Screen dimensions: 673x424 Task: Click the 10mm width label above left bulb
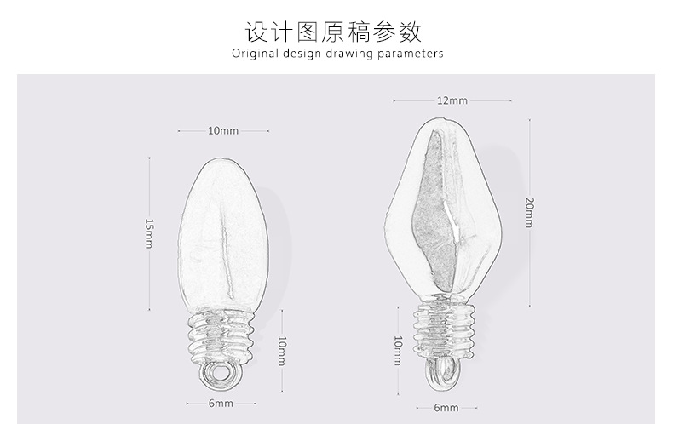[223, 131]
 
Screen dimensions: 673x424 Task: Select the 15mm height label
[149, 232]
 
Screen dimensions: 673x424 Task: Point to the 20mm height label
[528, 212]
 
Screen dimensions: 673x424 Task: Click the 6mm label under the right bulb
[446, 408]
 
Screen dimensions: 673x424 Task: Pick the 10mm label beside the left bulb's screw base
[282, 350]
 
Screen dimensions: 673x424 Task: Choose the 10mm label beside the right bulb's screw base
[397, 350]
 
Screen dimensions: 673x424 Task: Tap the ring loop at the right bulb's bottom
[443, 373]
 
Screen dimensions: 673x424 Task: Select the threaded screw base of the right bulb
[443, 327]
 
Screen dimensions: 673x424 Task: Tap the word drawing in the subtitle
[351, 54]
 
